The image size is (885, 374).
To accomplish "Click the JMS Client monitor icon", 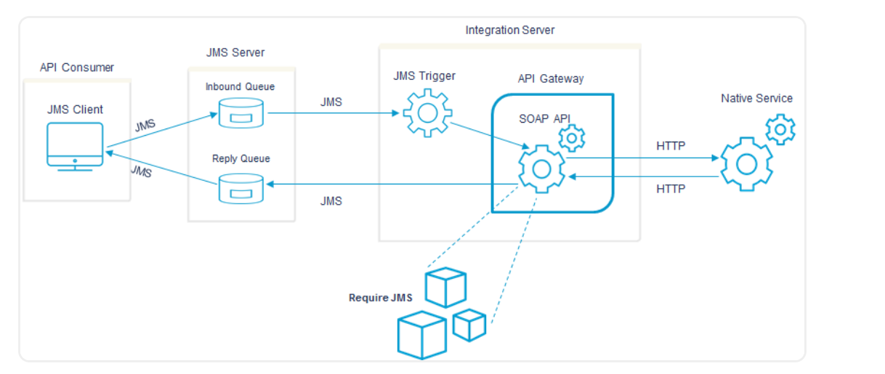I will (75, 146).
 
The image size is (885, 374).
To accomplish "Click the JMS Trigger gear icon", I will (426, 113).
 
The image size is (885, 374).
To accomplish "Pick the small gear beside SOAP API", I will (572, 137).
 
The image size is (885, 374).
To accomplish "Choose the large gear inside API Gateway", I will (541, 169).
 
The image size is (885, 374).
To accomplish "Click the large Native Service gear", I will (745, 163).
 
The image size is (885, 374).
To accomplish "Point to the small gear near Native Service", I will (781, 129).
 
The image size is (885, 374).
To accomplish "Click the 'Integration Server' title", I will (510, 31).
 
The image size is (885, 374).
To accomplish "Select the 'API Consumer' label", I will (77, 68).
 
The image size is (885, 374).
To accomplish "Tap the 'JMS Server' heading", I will (235, 53).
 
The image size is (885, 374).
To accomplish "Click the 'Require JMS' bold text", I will (381, 298).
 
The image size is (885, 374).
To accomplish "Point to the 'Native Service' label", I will (756, 98).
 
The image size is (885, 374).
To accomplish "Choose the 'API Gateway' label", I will (550, 79).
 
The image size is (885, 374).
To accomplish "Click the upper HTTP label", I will (671, 146).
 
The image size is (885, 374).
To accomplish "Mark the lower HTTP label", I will (671, 189).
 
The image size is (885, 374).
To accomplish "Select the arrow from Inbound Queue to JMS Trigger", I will (331, 113).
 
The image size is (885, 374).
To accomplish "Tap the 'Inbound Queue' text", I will (240, 87).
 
